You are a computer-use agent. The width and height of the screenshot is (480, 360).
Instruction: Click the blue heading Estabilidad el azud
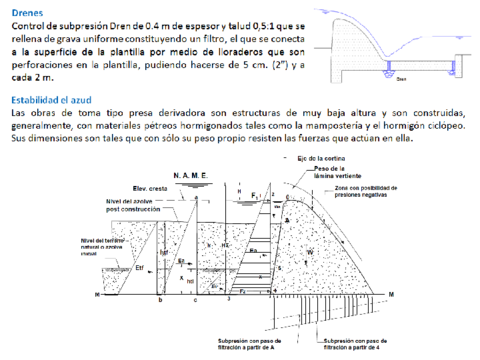[52, 100]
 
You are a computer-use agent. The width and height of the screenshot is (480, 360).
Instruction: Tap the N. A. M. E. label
[191, 174]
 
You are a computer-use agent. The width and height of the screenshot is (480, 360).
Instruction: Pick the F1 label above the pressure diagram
[256, 190]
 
